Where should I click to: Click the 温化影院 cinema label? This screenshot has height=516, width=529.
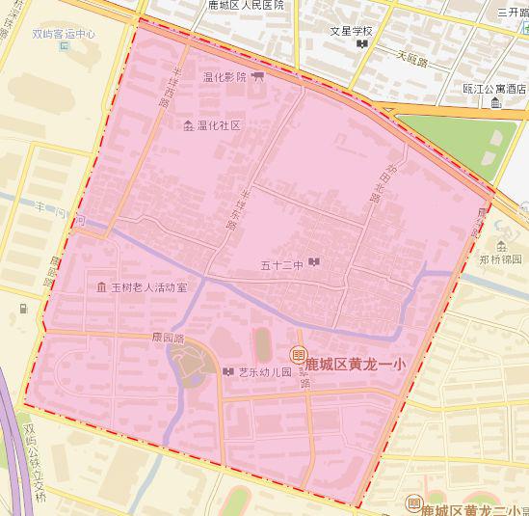(225, 77)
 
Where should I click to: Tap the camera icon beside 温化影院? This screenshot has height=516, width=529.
(257, 77)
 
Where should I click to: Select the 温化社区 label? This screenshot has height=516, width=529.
(218, 125)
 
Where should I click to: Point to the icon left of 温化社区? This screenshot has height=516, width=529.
(188, 125)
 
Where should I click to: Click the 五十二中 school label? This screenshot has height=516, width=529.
(282, 263)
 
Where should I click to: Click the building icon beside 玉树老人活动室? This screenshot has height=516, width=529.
(102, 287)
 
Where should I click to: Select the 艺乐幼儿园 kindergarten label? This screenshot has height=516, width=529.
(265, 371)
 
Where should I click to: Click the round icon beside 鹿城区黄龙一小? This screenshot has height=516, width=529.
(298, 356)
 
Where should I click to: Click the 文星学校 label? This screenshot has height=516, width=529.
(351, 30)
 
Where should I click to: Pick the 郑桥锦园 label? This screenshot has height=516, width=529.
(502, 259)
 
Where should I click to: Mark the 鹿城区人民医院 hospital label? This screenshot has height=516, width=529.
(246, 5)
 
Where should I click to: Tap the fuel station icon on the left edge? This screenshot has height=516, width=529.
(22, 310)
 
